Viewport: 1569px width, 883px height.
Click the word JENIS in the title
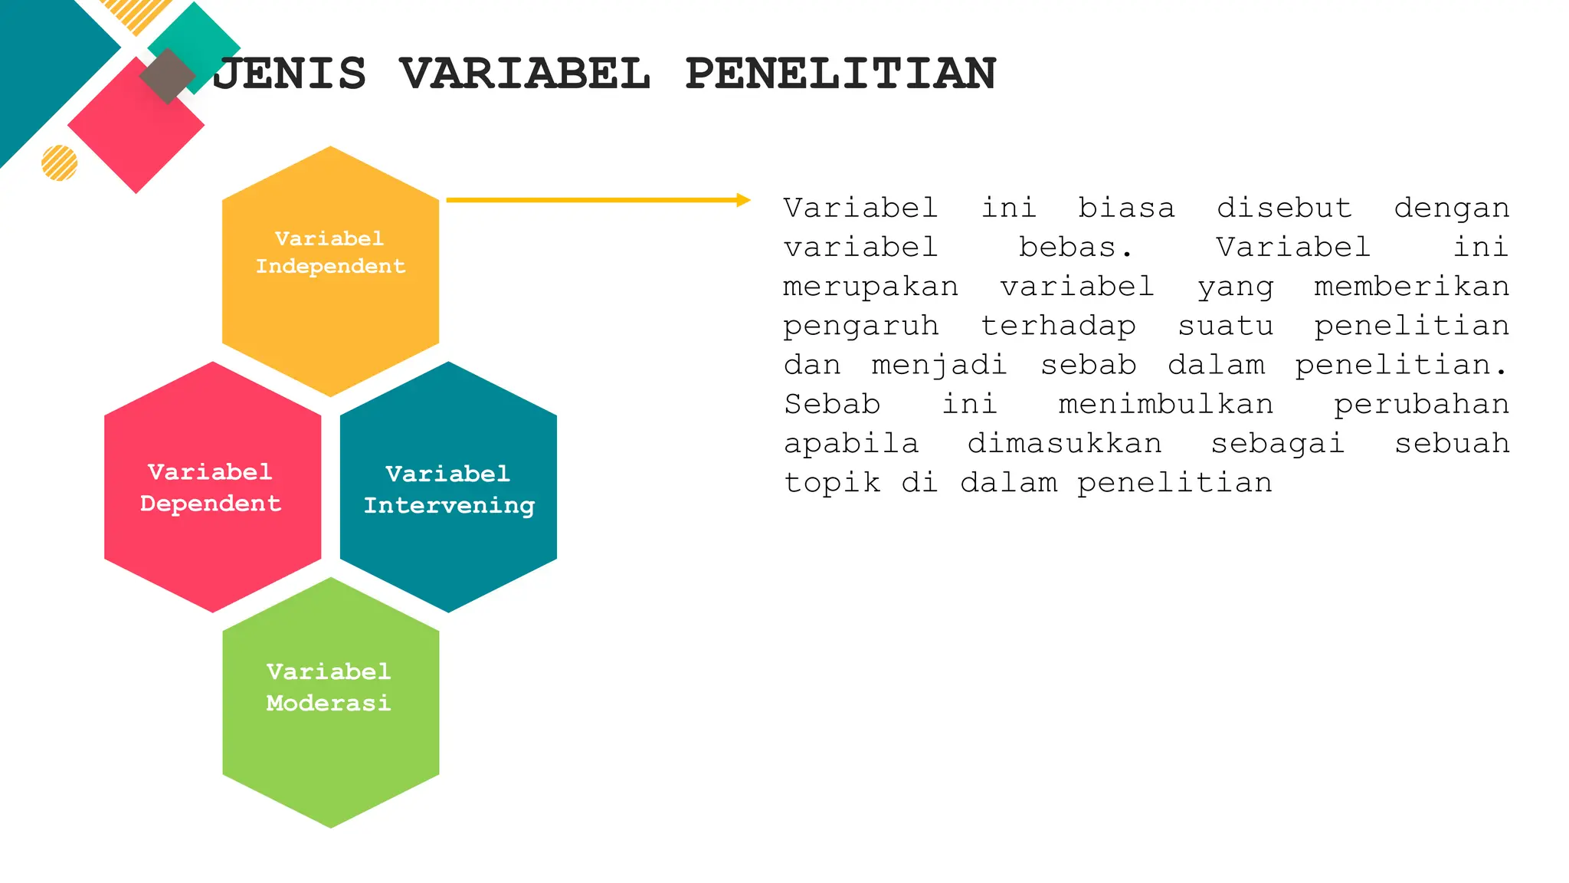point(290,74)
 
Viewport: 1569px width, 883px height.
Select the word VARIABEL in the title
point(525,74)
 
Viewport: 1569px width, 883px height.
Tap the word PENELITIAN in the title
point(840,74)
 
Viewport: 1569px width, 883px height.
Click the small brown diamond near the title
point(167,77)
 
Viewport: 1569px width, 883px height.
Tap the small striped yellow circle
point(59,162)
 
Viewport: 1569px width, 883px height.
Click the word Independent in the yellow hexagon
point(330,267)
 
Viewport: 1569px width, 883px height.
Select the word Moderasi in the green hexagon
point(329,703)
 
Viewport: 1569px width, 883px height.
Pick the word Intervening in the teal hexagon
point(449,506)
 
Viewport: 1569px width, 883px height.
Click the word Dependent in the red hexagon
point(211,504)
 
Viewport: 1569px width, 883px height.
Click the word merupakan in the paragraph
point(870,287)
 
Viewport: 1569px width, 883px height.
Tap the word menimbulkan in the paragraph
point(1165,404)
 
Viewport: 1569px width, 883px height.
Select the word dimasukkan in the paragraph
point(1064,444)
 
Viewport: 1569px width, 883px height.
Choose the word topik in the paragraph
point(832,483)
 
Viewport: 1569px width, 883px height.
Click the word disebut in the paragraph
point(1284,208)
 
